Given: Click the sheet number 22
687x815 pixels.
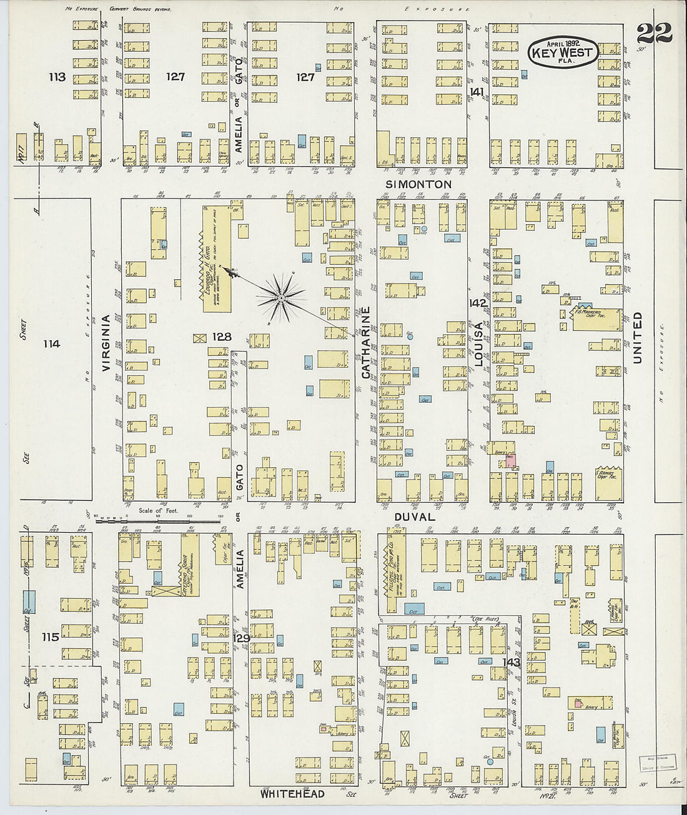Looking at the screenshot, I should coord(655,31).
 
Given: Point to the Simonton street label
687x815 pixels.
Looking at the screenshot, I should coord(418,184).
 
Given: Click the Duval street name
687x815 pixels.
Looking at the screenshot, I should coord(414,517).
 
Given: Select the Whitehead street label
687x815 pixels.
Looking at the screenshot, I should coord(292,794).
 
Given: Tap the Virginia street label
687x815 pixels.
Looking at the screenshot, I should coord(106,343).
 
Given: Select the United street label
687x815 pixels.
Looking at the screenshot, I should coord(638,337).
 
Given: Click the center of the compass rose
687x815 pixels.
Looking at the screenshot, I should coord(282,299).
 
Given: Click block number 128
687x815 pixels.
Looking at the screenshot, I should coord(221,337).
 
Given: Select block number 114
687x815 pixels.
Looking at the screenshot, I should coord(52,343).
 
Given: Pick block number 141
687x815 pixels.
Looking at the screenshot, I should coord(477,92).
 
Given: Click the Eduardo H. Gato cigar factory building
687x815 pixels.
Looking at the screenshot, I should coord(215,259).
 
